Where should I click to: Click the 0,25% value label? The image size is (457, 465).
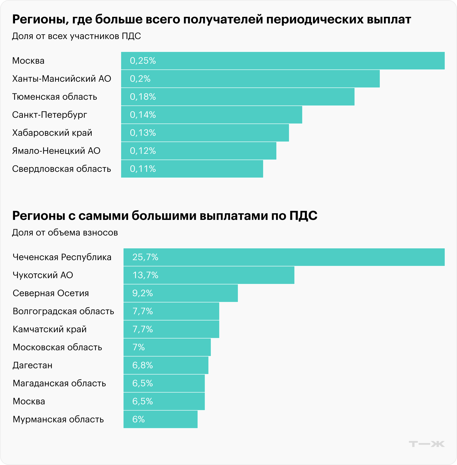143,61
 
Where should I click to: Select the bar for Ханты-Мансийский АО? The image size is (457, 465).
250,79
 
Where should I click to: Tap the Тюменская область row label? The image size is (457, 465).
54,97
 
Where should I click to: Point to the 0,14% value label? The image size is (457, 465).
143,115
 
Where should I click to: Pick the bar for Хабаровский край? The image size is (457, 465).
205,133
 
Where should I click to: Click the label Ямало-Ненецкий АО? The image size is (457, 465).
56,151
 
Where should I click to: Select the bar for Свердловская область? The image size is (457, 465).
192,169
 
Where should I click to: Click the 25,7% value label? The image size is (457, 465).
145,257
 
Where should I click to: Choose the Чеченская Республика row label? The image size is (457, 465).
62,257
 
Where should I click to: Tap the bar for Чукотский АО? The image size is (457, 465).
209,275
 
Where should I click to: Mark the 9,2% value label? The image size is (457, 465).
143,293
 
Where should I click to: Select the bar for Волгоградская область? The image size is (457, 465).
171,311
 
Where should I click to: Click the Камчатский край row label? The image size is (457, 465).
50,329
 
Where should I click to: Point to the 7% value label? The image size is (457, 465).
139,347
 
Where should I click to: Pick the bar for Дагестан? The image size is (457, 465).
166,365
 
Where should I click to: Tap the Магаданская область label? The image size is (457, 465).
59,383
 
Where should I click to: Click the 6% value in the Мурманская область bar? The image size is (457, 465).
139,419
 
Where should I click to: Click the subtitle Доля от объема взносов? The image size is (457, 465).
65,232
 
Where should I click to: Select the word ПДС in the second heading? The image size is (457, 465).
303,216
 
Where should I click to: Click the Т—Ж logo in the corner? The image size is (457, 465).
427,444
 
